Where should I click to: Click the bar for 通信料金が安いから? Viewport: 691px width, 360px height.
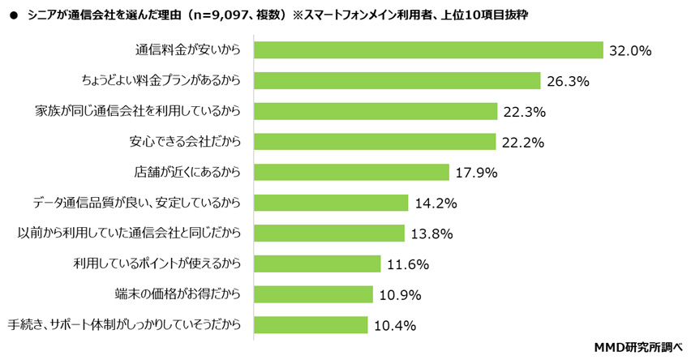(x=429, y=50)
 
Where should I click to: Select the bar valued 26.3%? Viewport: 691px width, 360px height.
(x=397, y=80)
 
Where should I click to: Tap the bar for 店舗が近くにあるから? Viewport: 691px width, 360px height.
(x=351, y=172)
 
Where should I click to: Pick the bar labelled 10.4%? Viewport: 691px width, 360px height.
(x=311, y=324)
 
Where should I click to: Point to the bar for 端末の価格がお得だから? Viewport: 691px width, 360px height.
(x=313, y=294)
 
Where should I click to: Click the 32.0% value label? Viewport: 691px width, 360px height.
(x=630, y=50)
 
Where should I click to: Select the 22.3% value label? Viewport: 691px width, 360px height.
(x=523, y=111)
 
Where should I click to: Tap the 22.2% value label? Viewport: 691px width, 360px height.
(x=522, y=142)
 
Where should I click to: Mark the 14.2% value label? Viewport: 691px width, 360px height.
(x=434, y=203)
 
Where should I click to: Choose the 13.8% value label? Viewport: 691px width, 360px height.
(x=431, y=234)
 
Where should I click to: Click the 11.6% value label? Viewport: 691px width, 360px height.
(x=407, y=264)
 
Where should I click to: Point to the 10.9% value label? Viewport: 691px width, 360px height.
(x=399, y=294)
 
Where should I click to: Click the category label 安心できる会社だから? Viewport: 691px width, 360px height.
(x=186, y=142)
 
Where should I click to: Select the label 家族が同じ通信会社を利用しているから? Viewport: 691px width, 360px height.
(x=139, y=111)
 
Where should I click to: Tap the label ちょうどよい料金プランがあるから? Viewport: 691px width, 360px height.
(x=161, y=80)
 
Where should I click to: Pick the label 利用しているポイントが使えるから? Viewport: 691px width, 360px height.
(x=157, y=264)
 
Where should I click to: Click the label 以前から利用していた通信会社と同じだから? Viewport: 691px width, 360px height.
(x=130, y=234)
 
